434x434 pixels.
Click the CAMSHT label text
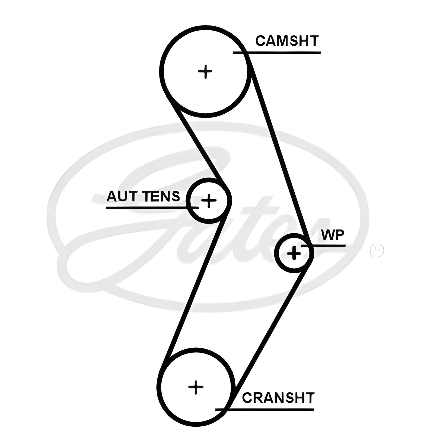pos(287,41)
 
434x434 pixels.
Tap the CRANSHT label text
pos(278,398)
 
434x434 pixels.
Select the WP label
pos(333,235)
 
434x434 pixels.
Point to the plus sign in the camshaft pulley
pos(205,72)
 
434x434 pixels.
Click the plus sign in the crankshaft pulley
pos(196,387)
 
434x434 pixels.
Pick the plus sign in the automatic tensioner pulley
pos(209,201)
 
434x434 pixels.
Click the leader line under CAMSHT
pos(282,53)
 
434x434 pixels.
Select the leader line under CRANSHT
pos(271,409)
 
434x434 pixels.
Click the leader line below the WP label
pos(328,246)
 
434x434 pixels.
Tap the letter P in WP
pos(339,235)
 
